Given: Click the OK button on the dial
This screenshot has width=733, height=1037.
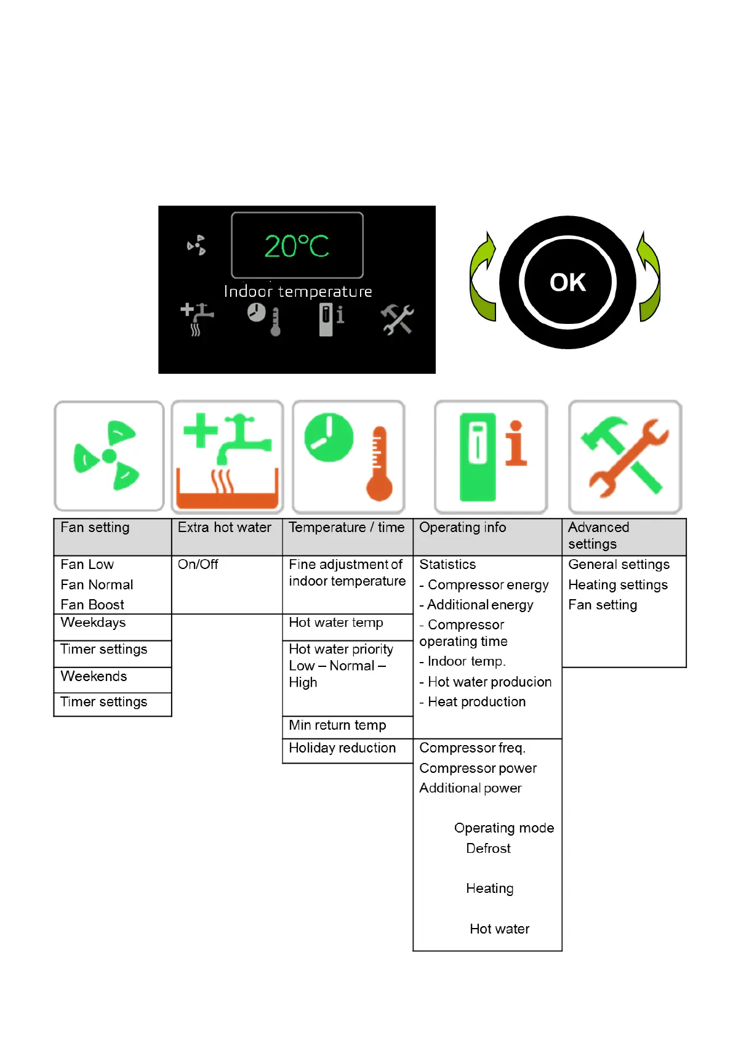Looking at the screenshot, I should click(567, 282).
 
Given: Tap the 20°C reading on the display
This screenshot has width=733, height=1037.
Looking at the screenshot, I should click(297, 246).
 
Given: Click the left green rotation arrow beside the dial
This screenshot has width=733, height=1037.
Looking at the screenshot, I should click(483, 278).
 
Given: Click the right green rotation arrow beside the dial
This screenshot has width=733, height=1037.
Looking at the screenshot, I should click(649, 278).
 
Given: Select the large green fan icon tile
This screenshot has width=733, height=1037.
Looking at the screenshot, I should click(109, 456).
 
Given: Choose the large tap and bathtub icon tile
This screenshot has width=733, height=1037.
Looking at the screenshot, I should click(227, 456).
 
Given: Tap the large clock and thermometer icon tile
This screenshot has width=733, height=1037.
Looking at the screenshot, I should click(348, 456).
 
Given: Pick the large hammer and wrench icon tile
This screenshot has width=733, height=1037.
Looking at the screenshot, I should click(625, 456).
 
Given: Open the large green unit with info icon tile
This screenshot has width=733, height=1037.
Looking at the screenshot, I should click(491, 456).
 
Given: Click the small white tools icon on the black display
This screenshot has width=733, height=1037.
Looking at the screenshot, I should click(397, 320).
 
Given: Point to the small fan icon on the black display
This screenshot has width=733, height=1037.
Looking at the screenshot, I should click(196, 245).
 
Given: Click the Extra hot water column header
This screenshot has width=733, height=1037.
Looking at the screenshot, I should click(225, 528).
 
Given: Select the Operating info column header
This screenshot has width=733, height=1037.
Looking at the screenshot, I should click(463, 528).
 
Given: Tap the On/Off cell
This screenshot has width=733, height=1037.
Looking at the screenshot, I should click(198, 565).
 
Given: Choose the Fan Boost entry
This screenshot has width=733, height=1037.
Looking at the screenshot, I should click(92, 605).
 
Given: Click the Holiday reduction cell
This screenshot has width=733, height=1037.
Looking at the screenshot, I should click(342, 748).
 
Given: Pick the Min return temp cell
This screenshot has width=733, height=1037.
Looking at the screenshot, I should click(337, 725).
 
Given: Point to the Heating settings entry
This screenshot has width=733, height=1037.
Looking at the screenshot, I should click(618, 585).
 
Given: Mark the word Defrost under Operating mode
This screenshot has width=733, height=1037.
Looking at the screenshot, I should click(488, 849).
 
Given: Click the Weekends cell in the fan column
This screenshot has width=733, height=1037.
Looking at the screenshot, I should click(94, 677).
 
